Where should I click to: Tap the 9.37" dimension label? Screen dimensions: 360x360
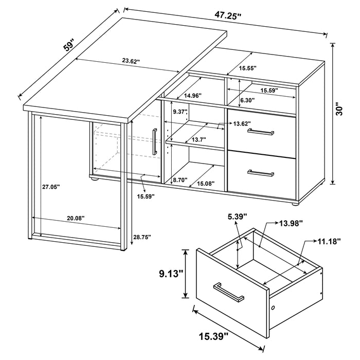tap(179, 112)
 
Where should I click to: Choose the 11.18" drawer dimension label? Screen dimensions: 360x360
tap(327, 242)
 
